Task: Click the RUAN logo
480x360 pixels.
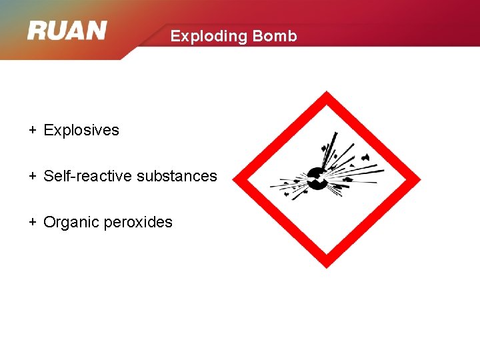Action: click(67, 31)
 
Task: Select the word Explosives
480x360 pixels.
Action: click(81, 130)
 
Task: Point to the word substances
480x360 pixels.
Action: click(177, 176)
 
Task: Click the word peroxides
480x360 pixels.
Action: click(138, 222)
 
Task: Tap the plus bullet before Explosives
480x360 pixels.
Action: click(32, 130)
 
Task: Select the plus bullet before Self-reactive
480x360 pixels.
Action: click(32, 176)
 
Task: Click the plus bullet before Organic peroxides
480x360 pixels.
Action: click(32, 222)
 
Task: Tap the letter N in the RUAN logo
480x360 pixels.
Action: click(96, 31)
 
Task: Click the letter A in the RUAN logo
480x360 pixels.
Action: click(76, 31)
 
